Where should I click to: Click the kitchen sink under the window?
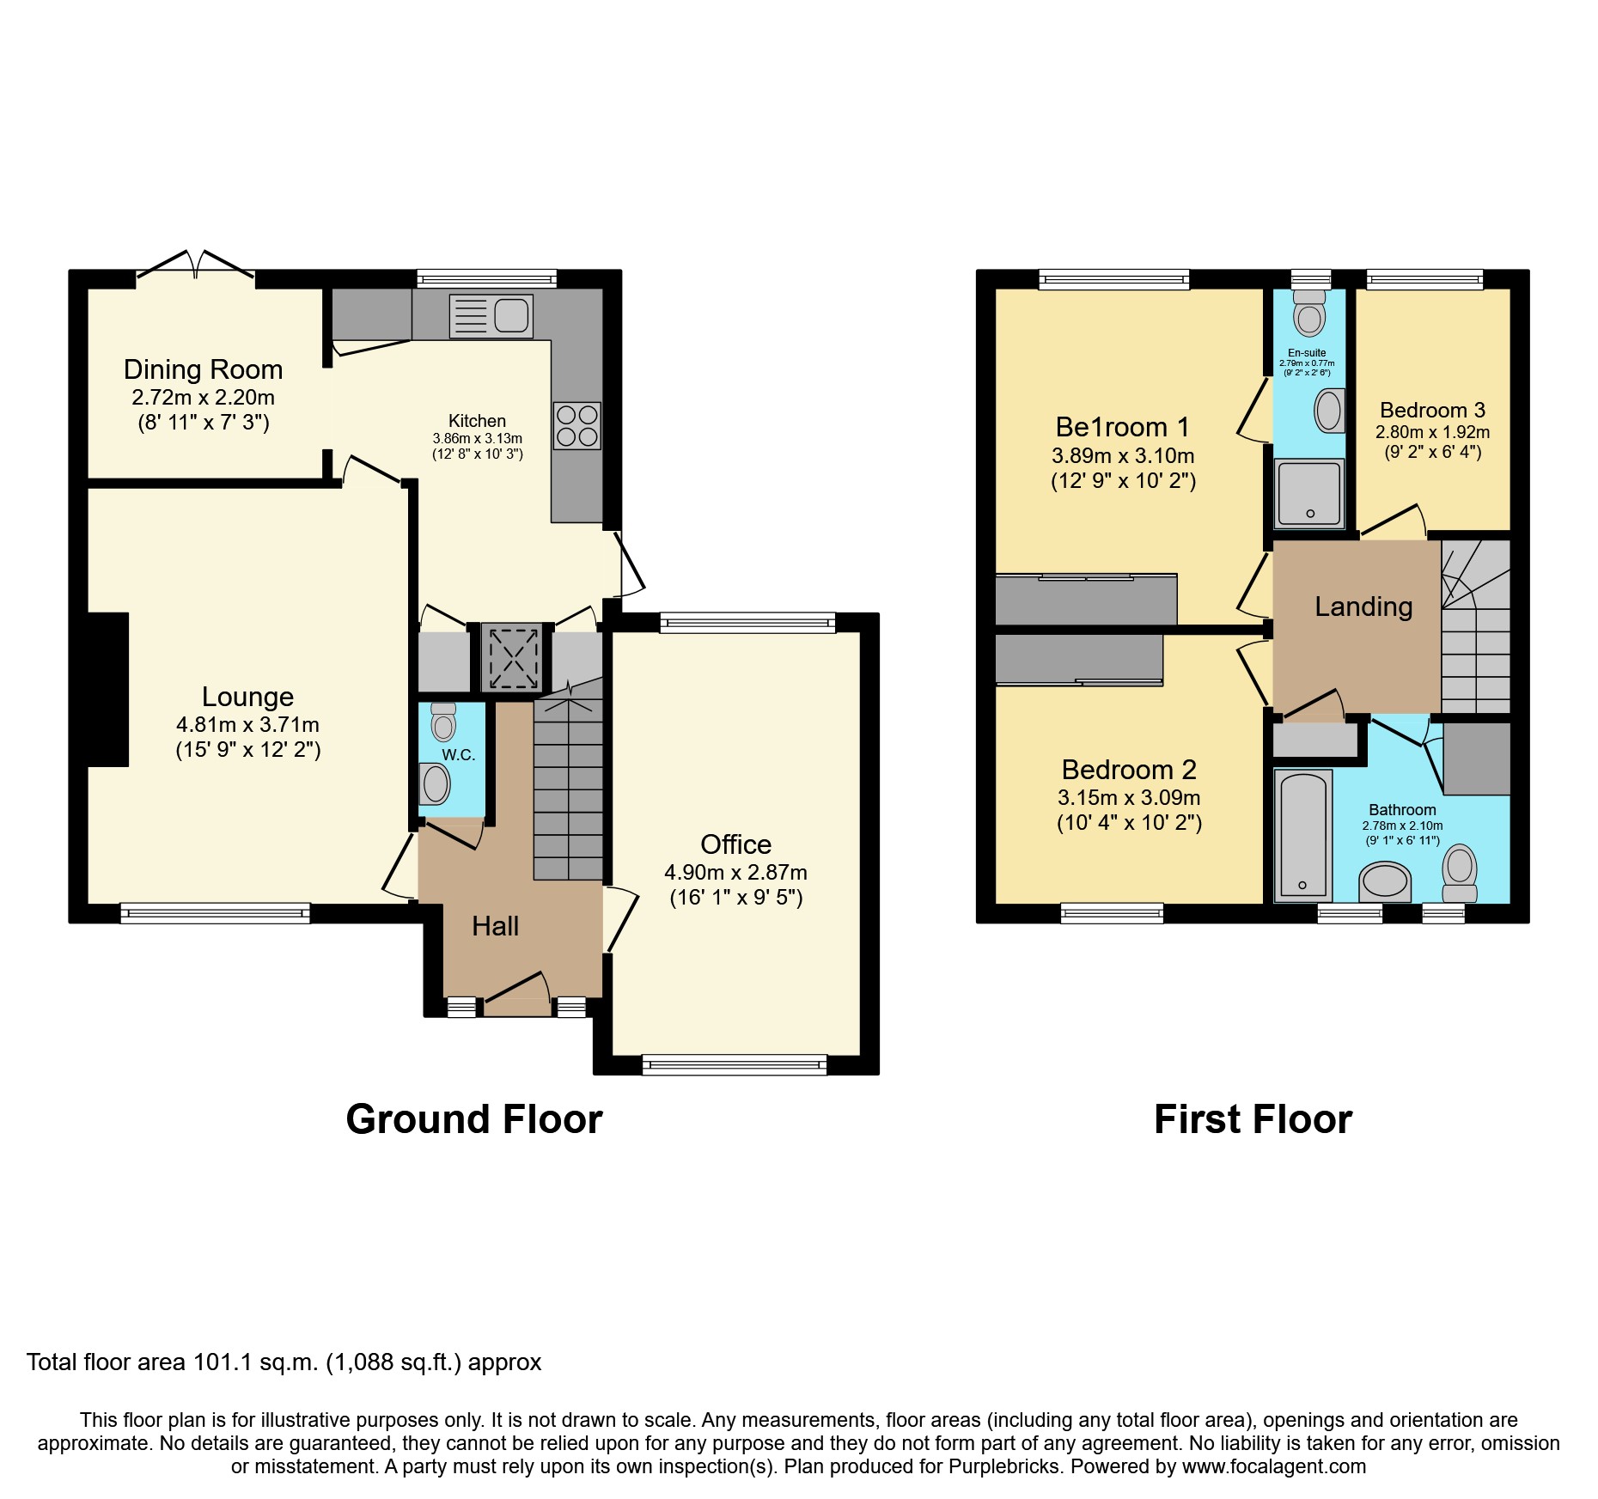click(491, 315)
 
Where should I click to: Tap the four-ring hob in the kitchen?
click(576, 426)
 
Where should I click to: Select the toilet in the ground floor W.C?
click(443, 722)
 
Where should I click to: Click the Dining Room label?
click(203, 369)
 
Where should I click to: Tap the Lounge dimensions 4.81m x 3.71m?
click(247, 724)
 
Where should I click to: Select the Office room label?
click(735, 844)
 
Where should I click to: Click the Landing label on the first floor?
click(1363, 606)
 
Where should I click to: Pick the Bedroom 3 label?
click(1432, 410)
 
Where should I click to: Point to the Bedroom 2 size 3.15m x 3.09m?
click(1129, 797)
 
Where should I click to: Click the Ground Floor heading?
click(474, 1119)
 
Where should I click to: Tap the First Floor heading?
click(1253, 1119)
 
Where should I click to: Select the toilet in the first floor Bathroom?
click(1460, 872)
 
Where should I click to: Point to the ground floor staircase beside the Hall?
click(568, 790)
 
